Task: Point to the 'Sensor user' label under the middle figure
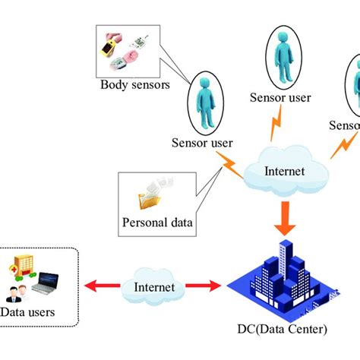pos(282,98)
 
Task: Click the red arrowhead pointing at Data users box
pos(90,287)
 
